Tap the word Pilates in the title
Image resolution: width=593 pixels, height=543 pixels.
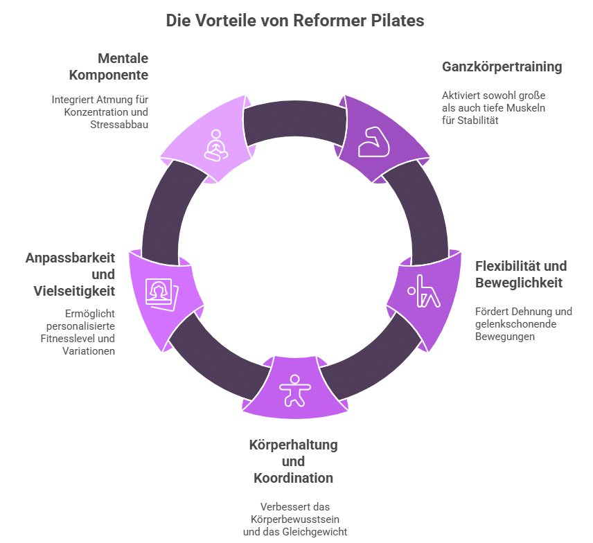(x=398, y=21)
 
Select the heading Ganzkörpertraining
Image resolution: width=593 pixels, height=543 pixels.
(x=502, y=67)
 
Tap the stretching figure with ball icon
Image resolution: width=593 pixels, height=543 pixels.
(x=423, y=291)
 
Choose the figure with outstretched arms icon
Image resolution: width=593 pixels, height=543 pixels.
(x=294, y=391)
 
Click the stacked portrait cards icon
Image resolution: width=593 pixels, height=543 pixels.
(x=162, y=292)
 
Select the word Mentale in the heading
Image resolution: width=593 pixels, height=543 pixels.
(x=123, y=58)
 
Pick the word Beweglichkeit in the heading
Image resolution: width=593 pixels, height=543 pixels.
(x=518, y=283)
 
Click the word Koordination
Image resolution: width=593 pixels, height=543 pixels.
(x=293, y=478)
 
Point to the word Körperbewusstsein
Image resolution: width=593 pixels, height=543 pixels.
(x=295, y=519)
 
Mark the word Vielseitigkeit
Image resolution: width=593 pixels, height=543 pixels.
(x=74, y=291)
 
